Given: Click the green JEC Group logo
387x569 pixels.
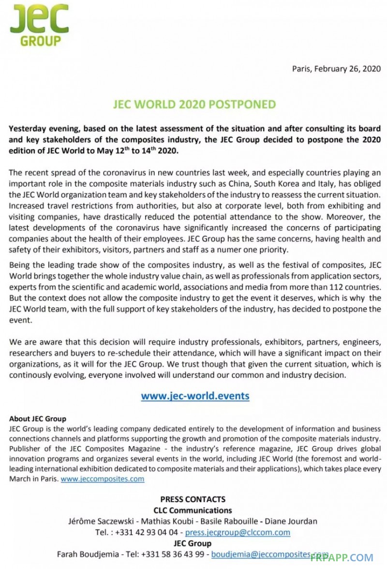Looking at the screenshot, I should point(39,25).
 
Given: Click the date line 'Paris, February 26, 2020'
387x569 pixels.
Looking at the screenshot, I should point(336,69).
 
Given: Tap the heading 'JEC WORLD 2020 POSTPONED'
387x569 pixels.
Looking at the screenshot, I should point(193,105).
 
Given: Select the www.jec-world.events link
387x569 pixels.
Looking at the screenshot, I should point(195,396).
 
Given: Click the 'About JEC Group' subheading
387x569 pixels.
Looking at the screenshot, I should point(38,419).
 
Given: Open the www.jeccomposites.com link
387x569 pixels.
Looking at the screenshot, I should point(103,479).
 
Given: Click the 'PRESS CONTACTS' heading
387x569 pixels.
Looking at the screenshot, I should point(193,499).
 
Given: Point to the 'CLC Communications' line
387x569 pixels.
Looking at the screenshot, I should point(193,510).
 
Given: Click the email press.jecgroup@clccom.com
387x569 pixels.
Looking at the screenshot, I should point(238,532).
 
